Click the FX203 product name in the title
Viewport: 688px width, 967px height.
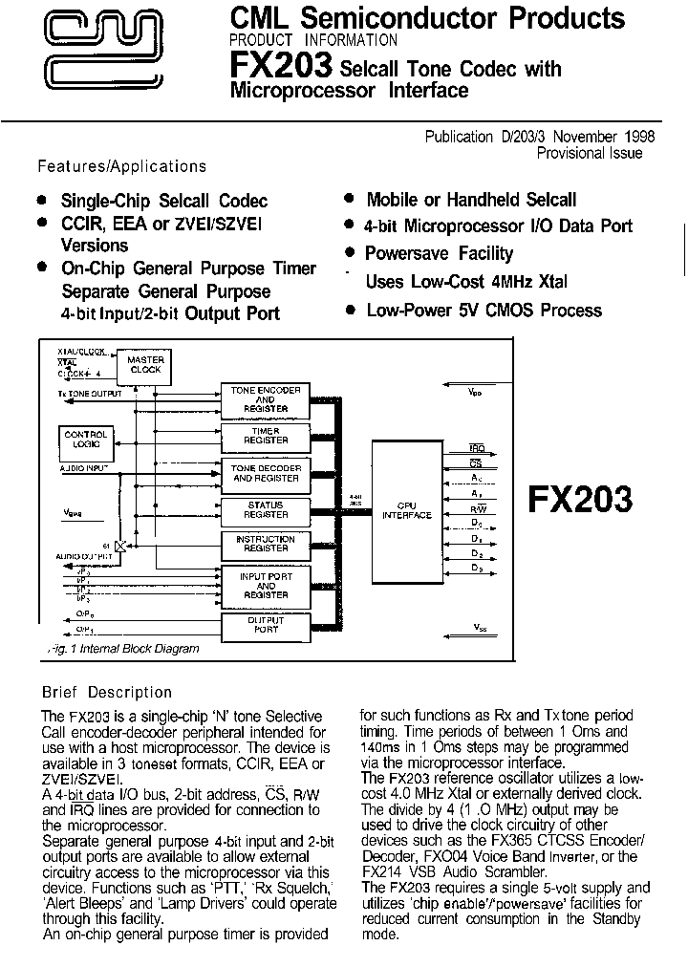click(281, 66)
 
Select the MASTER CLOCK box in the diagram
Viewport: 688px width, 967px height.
click(145, 364)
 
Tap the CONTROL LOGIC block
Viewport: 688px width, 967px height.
click(85, 439)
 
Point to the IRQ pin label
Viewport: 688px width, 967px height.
click(476, 447)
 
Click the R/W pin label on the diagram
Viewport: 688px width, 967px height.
click(476, 507)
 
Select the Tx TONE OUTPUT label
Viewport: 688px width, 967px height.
click(90, 393)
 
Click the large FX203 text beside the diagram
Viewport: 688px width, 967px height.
click(580, 500)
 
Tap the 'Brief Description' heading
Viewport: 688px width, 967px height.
click(107, 692)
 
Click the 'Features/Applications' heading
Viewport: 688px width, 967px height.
click(121, 166)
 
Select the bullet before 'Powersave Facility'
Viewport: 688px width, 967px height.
click(351, 253)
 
